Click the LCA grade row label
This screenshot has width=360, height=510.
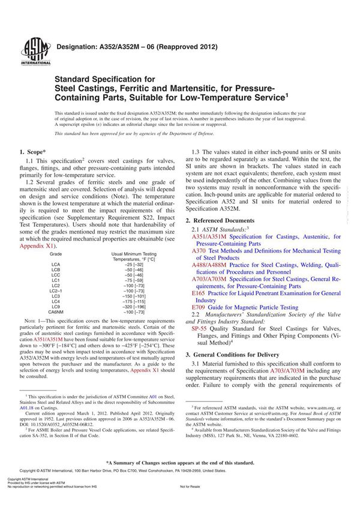tap(56, 264)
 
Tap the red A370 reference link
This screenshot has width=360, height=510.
tap(200, 250)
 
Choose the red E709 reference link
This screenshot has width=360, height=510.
tap(200, 307)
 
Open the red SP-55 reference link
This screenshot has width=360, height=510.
tap(200, 329)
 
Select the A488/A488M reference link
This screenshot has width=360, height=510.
tap(209, 265)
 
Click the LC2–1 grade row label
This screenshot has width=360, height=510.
tap(57, 290)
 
